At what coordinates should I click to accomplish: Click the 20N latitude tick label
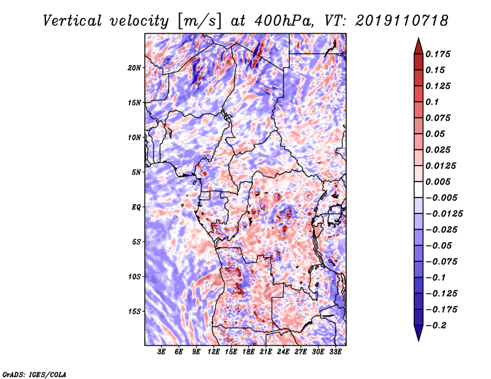134,68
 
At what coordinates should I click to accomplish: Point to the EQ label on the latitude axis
136,207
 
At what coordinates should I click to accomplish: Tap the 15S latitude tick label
134,312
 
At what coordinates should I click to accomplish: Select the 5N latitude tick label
136,172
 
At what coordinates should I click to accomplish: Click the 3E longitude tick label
161,352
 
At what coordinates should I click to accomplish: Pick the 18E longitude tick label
249,352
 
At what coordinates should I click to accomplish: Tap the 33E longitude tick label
335,352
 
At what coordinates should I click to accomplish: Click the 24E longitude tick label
283,352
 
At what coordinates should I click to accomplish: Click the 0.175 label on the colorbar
438,55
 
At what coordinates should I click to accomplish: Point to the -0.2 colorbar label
436,326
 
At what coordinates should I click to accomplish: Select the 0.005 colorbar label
438,182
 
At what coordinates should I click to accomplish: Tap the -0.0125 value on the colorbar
444,214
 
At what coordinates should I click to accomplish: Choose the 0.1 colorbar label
432,102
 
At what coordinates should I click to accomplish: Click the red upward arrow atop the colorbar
419,46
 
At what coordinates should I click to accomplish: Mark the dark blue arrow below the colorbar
419,333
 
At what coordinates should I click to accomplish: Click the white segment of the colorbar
419,189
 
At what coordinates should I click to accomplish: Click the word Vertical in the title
72,21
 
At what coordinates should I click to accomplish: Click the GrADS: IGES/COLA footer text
34,374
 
